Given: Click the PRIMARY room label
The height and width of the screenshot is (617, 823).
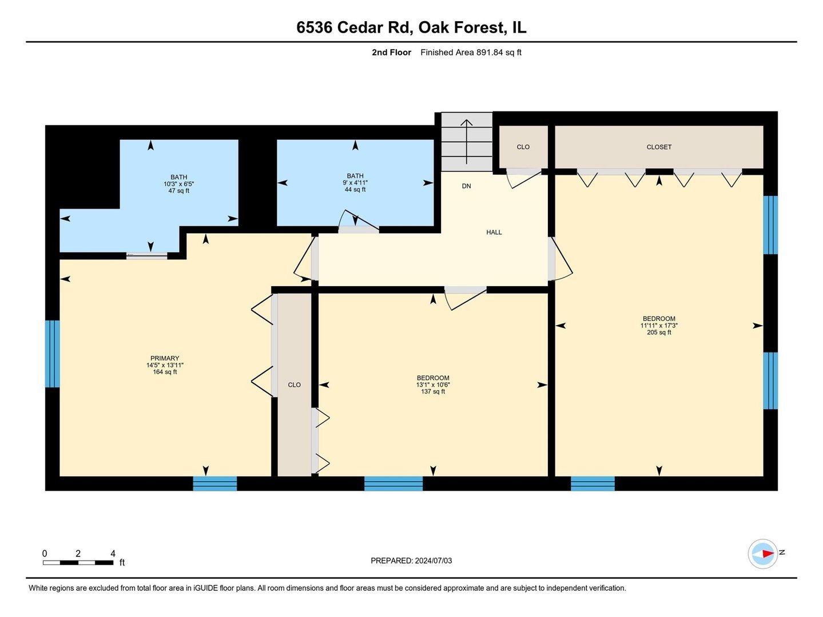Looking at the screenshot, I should coord(165,358).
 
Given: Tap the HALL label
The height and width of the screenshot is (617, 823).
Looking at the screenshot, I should coord(494,232).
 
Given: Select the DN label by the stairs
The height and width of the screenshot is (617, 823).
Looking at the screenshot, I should coord(466,186).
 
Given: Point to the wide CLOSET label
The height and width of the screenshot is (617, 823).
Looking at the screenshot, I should coord(659,147).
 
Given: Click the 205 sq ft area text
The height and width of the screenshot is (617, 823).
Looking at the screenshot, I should coord(659,332).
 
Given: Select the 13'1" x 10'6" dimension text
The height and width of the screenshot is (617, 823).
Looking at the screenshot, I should coord(433,385).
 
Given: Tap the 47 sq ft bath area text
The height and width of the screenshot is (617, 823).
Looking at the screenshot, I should coord(178,191).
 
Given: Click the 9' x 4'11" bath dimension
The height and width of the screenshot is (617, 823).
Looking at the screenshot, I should coord(355,183).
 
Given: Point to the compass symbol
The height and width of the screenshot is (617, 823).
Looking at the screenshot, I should coord(763,553).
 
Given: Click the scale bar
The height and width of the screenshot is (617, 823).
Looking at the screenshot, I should coord(78,563).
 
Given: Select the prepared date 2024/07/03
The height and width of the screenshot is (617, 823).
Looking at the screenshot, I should coord(411,560).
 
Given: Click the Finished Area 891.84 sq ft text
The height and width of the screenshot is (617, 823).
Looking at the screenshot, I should coord(471,53).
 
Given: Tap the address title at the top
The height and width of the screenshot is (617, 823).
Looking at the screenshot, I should coord(411,27).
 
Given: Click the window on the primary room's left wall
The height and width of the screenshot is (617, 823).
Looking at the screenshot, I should coord(52,354).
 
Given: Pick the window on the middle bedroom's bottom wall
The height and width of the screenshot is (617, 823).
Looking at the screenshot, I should coord(393,483).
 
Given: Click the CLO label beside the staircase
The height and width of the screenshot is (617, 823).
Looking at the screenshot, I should coord(523,147).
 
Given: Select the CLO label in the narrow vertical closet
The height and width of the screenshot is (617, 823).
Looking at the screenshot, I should coord(294,384).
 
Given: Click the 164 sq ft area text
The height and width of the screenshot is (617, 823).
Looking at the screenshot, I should coord(165,372).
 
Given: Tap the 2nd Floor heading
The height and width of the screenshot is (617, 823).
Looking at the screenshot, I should coord(391,53).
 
